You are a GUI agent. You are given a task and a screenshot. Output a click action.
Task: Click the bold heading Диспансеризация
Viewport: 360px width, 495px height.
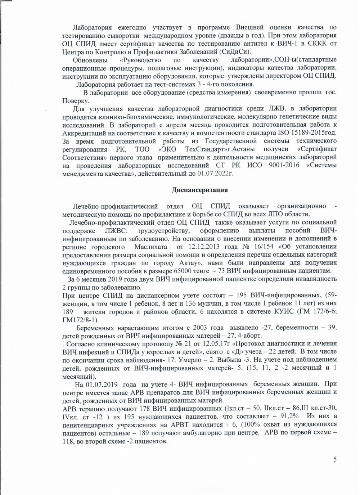click(199, 190)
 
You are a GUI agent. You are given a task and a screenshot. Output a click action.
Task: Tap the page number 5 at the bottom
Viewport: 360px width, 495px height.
click(335, 459)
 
